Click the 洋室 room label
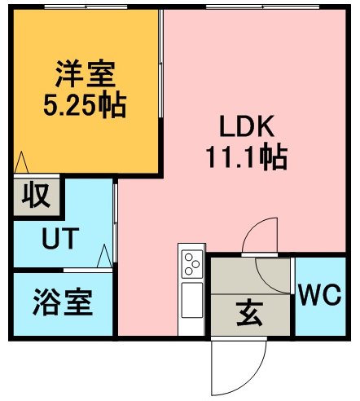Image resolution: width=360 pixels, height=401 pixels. tap(86, 73)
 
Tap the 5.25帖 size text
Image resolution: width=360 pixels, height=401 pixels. tap(85, 106)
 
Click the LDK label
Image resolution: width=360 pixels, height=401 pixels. tap(247, 126)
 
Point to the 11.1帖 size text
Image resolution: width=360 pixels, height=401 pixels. tap(247, 157)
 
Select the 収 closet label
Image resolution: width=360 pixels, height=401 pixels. tap(36, 195)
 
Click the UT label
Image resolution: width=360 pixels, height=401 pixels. tap(60, 238)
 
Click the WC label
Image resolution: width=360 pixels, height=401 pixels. tap(320, 295)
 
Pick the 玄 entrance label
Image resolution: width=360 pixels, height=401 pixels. tap(249, 314)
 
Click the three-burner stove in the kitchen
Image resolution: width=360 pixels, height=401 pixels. tap(192, 264)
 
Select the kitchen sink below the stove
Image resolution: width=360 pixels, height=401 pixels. tap(192, 300)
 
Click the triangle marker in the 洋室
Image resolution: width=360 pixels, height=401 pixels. tap(21, 162)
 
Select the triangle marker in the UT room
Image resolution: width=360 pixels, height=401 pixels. tap(104, 256)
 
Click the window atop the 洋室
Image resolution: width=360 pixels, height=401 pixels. tap(86, 7)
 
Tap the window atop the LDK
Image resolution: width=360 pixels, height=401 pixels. tap(262, 7)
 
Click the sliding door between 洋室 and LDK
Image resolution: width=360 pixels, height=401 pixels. tap(160, 64)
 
